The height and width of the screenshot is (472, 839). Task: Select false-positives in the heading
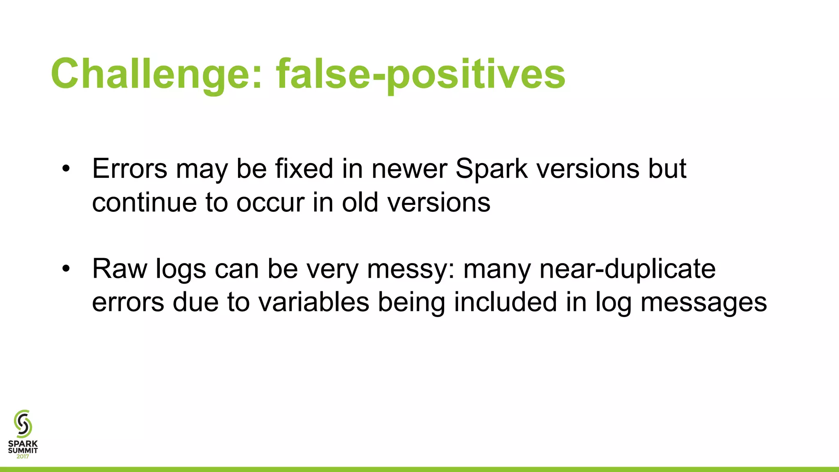click(421, 74)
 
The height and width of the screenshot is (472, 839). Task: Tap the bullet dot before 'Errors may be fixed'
click(66, 169)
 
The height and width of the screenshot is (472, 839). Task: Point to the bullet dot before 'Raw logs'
click(66, 269)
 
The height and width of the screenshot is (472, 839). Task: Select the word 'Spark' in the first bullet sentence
click(491, 168)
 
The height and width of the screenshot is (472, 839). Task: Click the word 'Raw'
click(120, 269)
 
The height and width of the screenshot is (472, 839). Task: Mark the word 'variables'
click(314, 302)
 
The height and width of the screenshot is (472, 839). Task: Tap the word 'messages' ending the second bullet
click(703, 302)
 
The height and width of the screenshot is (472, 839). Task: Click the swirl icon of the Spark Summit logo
click(23, 424)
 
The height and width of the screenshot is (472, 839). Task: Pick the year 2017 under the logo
click(23, 457)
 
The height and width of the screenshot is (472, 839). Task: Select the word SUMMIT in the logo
click(23, 450)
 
